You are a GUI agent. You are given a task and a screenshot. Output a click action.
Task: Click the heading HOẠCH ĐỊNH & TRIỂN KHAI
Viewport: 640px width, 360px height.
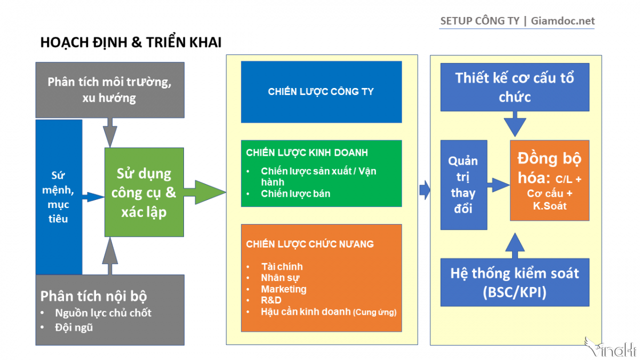tap(131, 43)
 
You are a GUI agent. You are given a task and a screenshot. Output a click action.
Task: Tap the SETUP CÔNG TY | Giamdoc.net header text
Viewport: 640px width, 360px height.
tap(517, 21)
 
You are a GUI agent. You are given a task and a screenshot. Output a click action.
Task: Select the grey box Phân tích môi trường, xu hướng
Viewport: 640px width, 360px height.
tap(110, 90)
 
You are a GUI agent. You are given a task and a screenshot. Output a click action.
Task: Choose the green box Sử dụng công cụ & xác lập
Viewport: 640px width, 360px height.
tap(144, 193)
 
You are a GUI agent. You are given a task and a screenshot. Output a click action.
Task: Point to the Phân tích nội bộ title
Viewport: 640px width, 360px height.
tap(94, 296)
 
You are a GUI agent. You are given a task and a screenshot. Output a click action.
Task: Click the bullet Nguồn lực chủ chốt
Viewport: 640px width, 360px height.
tap(103, 313)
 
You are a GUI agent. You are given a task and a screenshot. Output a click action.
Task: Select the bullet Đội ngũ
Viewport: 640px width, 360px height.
tap(74, 327)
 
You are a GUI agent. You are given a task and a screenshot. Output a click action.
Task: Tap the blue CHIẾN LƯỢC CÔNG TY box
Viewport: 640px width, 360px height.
tap(321, 92)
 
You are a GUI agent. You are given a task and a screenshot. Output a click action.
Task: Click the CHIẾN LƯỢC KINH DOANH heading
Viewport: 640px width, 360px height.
tap(307, 153)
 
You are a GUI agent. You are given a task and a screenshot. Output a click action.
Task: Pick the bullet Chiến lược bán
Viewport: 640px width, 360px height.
tap(295, 194)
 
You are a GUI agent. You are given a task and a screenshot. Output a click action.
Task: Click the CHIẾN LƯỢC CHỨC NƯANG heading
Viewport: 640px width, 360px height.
tap(310, 244)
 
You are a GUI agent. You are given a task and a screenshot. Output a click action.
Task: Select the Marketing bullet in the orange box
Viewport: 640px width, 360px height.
tap(284, 289)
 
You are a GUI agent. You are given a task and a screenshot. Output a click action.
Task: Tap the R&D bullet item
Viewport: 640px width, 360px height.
tap(271, 300)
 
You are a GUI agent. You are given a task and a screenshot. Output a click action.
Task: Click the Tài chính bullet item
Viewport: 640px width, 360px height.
tap(282, 267)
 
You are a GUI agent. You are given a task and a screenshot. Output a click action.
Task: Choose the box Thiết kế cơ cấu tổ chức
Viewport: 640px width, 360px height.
tap(515, 87)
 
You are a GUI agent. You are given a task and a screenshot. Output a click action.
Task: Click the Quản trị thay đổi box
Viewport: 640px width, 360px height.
tap(463, 185)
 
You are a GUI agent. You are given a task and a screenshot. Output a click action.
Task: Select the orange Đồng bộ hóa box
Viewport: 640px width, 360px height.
tap(549, 180)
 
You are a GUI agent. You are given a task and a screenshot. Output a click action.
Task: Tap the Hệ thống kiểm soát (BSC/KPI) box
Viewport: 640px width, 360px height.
tap(515, 282)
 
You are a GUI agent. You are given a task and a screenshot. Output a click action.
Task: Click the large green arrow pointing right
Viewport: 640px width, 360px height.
tap(205, 193)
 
